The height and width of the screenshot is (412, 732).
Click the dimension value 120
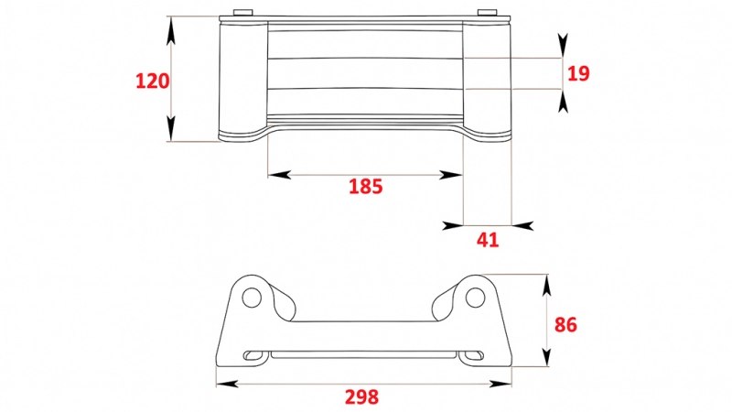tap(153, 81)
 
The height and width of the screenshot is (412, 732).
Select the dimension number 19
tap(578, 73)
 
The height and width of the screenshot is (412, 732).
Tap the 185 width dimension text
tap(365, 187)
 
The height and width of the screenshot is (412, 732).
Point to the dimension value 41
tap(489, 240)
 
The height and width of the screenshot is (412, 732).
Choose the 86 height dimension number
tap(566, 324)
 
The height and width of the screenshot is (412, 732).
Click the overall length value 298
tap(361, 396)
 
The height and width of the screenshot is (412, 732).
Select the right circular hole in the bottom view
tap(474, 298)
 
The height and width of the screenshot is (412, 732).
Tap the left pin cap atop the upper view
tap(242, 13)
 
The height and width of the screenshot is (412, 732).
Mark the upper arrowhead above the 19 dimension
tap(562, 46)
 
